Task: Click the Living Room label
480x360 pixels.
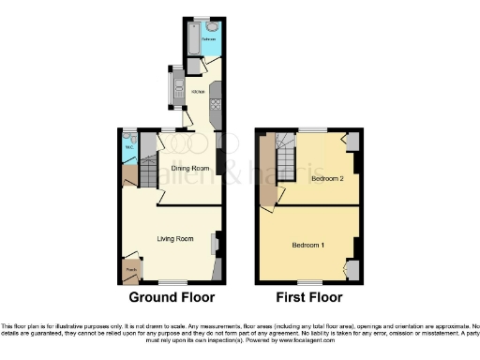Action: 175,239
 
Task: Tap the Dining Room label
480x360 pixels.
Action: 187,169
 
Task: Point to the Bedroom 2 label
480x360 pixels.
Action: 327,178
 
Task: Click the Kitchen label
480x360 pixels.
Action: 198,91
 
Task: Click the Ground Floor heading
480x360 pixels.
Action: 172,297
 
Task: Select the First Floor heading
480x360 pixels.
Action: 308,297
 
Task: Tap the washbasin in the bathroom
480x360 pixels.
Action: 213,28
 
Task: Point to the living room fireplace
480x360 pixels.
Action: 216,246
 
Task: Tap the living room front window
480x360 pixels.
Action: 172,281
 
